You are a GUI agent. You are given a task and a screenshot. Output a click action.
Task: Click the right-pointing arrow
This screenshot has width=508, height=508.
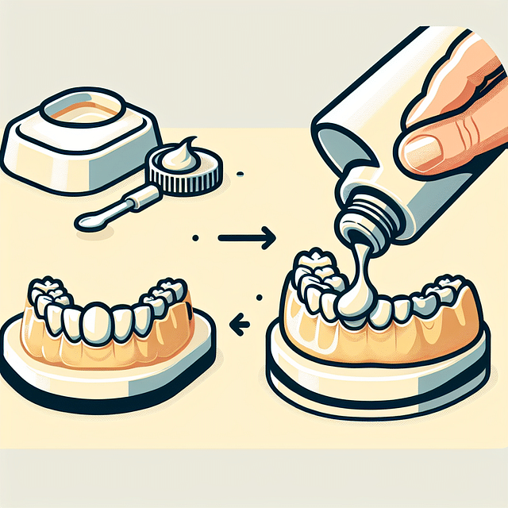coord(248,237)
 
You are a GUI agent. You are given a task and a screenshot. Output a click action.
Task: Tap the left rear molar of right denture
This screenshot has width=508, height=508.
coord(310,266)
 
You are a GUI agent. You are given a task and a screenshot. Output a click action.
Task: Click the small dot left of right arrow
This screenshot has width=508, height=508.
coord(194,237)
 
